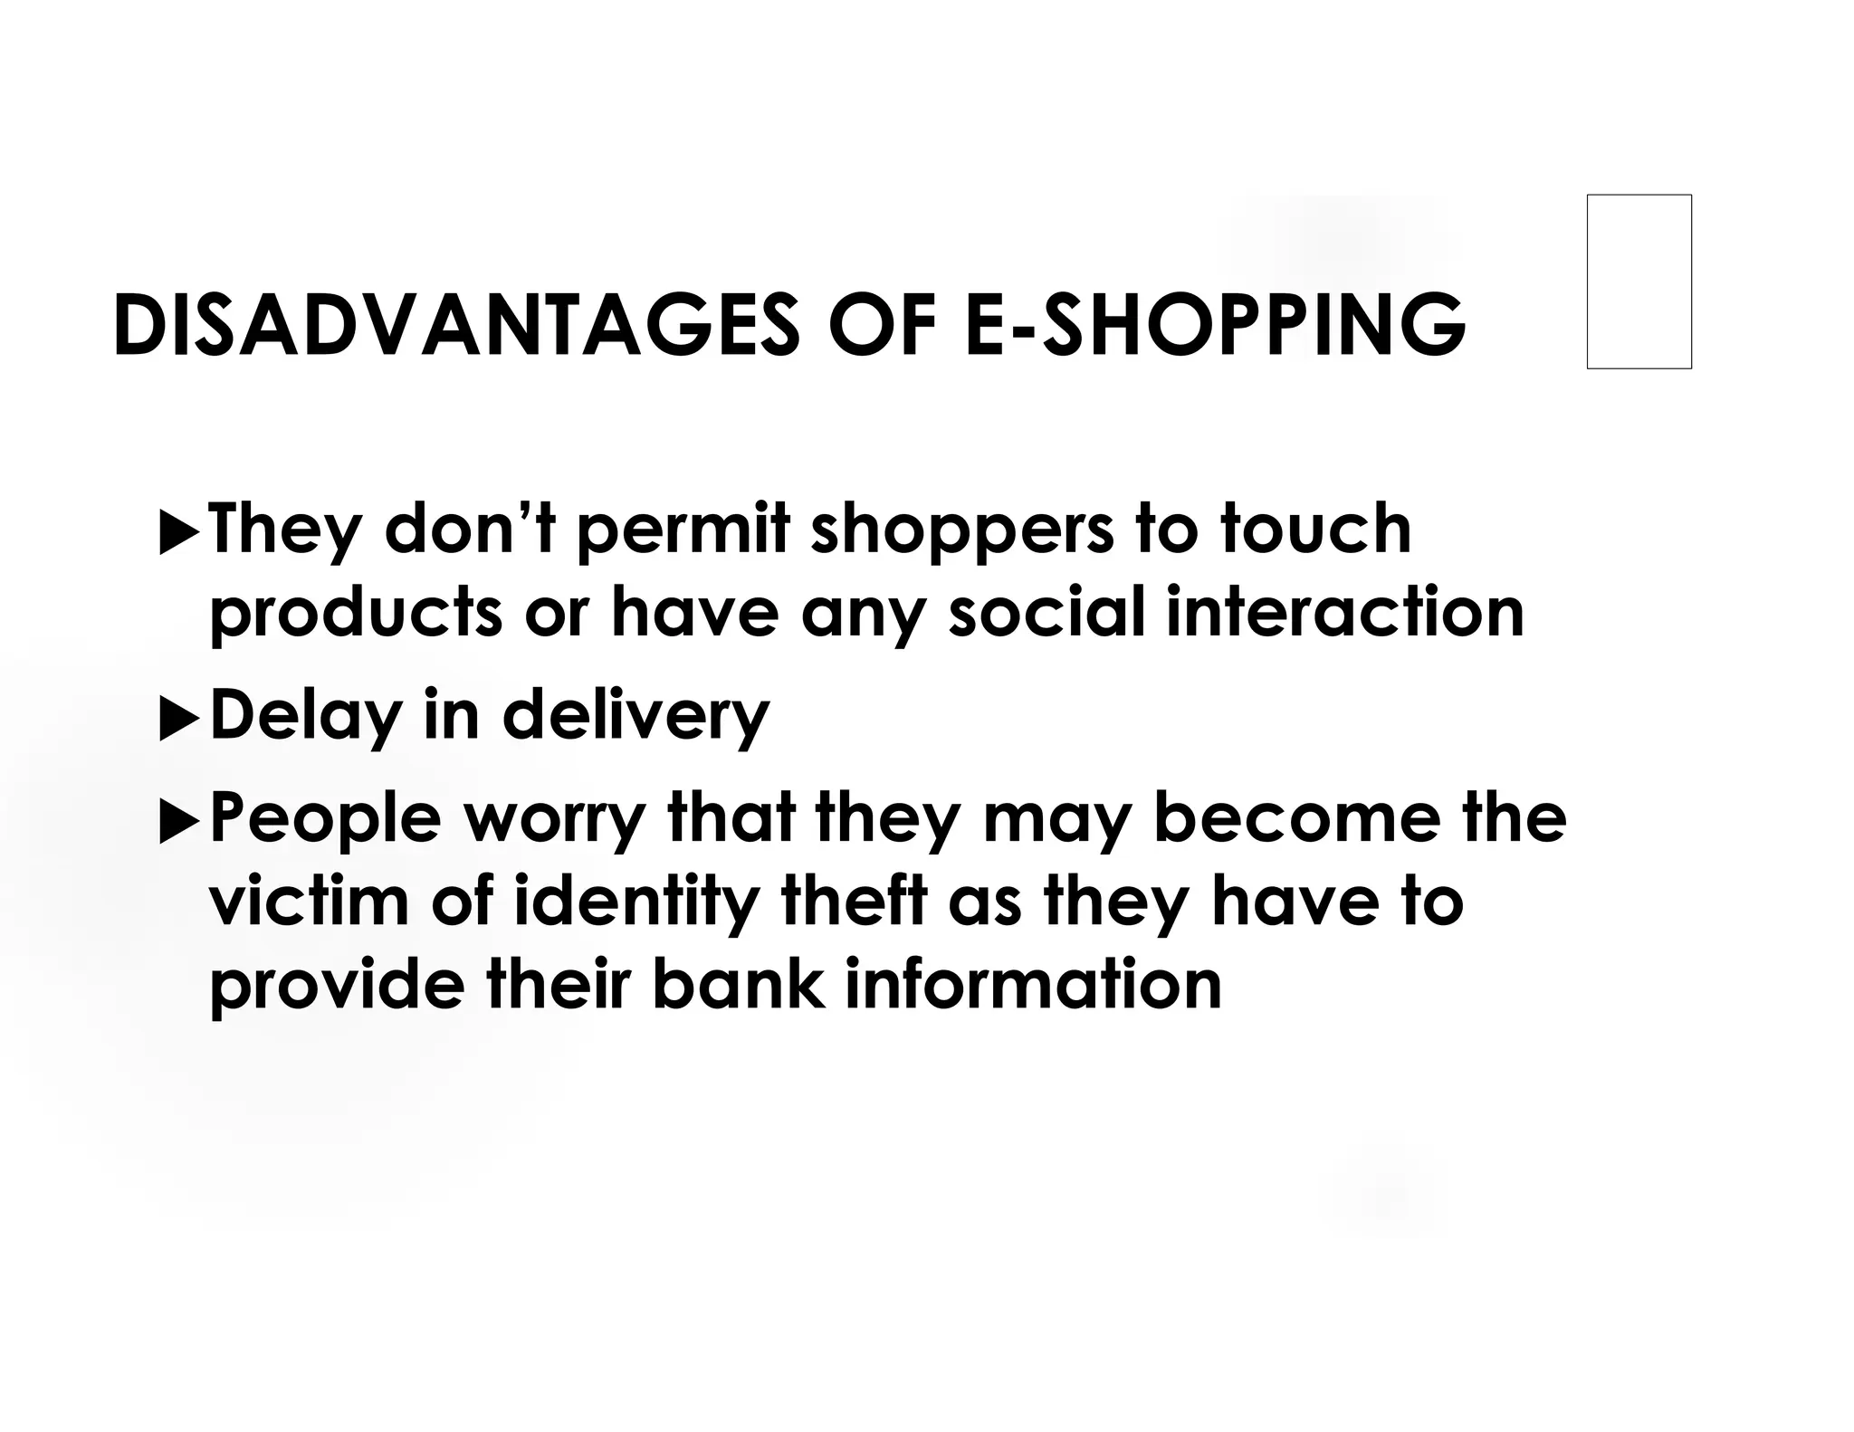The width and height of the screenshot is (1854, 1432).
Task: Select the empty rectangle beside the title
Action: click(x=1639, y=282)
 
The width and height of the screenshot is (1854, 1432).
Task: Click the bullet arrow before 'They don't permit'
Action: click(x=177, y=534)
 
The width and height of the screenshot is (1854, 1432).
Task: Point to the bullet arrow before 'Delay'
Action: click(x=177, y=721)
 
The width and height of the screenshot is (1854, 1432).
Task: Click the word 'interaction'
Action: click(x=1345, y=611)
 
